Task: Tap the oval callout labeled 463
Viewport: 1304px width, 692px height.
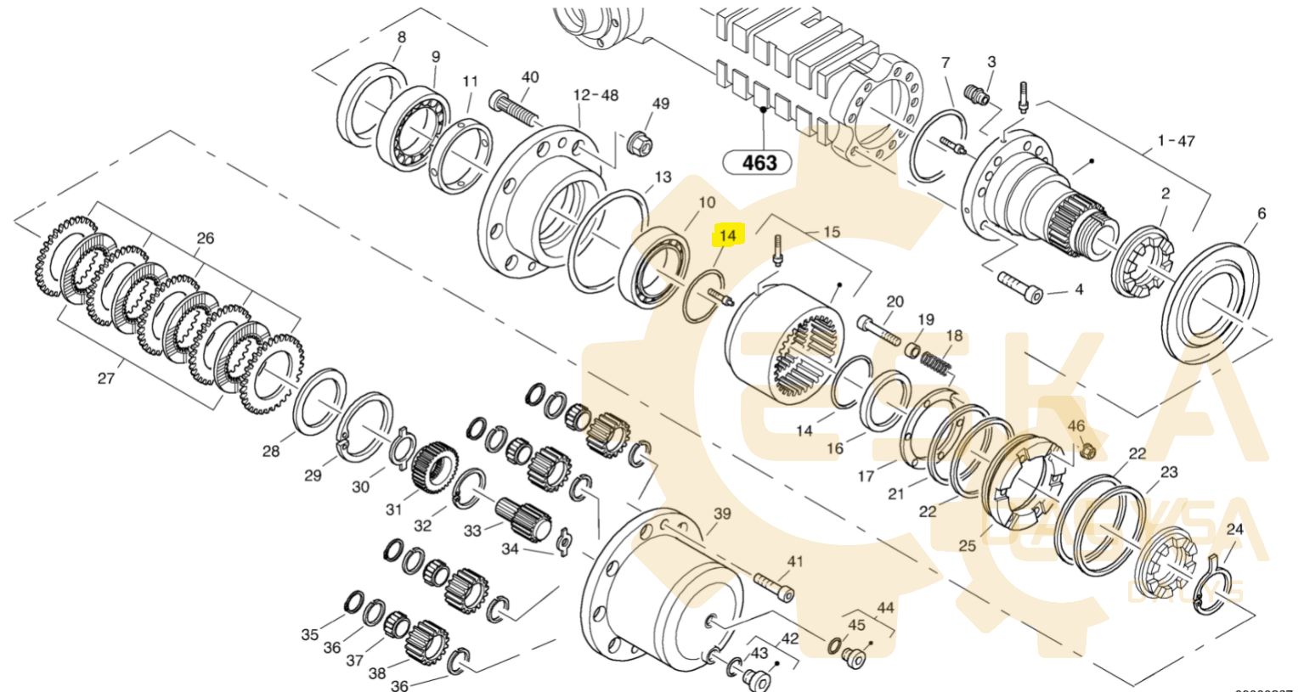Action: point(759,161)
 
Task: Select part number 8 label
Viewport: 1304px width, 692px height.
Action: point(402,37)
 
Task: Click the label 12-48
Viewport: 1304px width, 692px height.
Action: point(596,95)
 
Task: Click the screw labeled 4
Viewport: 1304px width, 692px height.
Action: point(1019,284)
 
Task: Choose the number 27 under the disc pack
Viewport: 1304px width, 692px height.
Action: point(105,379)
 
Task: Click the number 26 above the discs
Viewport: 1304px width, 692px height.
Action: point(206,239)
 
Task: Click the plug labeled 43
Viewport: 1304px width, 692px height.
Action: point(754,677)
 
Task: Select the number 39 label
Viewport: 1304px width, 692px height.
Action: point(722,514)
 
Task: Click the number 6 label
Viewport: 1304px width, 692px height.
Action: point(1262,213)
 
